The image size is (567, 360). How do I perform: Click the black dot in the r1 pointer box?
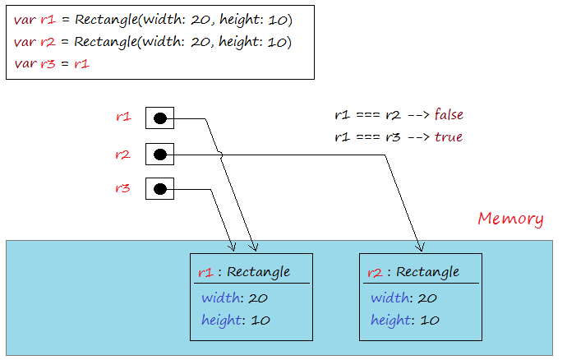click(x=160, y=118)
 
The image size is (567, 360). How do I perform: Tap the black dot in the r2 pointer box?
click(x=160, y=155)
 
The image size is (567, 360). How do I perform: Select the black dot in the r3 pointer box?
click(x=160, y=189)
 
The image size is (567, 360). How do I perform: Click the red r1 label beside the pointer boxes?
click(x=123, y=117)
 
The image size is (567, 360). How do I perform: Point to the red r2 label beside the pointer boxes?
click(x=122, y=155)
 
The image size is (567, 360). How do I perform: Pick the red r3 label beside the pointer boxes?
click(x=122, y=188)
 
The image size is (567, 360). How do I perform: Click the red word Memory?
click(x=510, y=219)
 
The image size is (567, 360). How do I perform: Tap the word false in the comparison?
click(x=449, y=114)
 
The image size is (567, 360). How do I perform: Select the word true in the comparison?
click(x=449, y=137)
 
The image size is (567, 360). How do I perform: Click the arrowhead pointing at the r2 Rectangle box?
click(x=420, y=247)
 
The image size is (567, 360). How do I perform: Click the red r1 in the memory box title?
click(x=205, y=272)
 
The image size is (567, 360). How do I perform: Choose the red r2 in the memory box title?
click(x=375, y=272)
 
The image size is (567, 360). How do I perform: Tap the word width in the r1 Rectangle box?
click(x=220, y=298)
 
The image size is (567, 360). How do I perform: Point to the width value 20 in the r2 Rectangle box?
click(x=427, y=298)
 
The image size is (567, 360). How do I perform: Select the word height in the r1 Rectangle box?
click(x=221, y=321)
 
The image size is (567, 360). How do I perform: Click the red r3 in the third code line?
click(x=48, y=64)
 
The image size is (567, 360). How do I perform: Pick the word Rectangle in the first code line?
click(x=106, y=20)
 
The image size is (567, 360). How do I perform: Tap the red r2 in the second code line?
click(x=48, y=42)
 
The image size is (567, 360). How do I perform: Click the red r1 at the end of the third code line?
click(x=81, y=64)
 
